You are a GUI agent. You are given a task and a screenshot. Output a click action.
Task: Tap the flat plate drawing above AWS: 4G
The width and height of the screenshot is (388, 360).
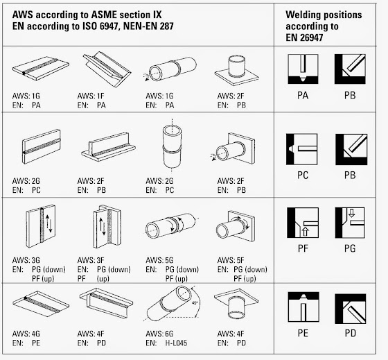click(40, 304)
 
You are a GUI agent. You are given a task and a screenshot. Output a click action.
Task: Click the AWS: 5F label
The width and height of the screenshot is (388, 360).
click(231, 260)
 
